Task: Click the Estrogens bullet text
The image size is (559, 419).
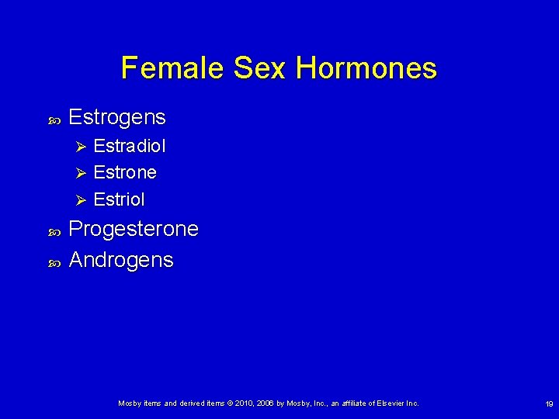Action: [117, 117]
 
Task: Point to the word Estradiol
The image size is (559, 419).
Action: [130, 146]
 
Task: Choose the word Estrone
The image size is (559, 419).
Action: [125, 172]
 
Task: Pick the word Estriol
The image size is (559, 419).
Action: [119, 199]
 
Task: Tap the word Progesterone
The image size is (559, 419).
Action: [134, 230]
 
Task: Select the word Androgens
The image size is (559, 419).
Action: [121, 260]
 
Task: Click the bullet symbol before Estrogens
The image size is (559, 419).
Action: [54, 119]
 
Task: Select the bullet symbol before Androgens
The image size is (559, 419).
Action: [54, 261]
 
